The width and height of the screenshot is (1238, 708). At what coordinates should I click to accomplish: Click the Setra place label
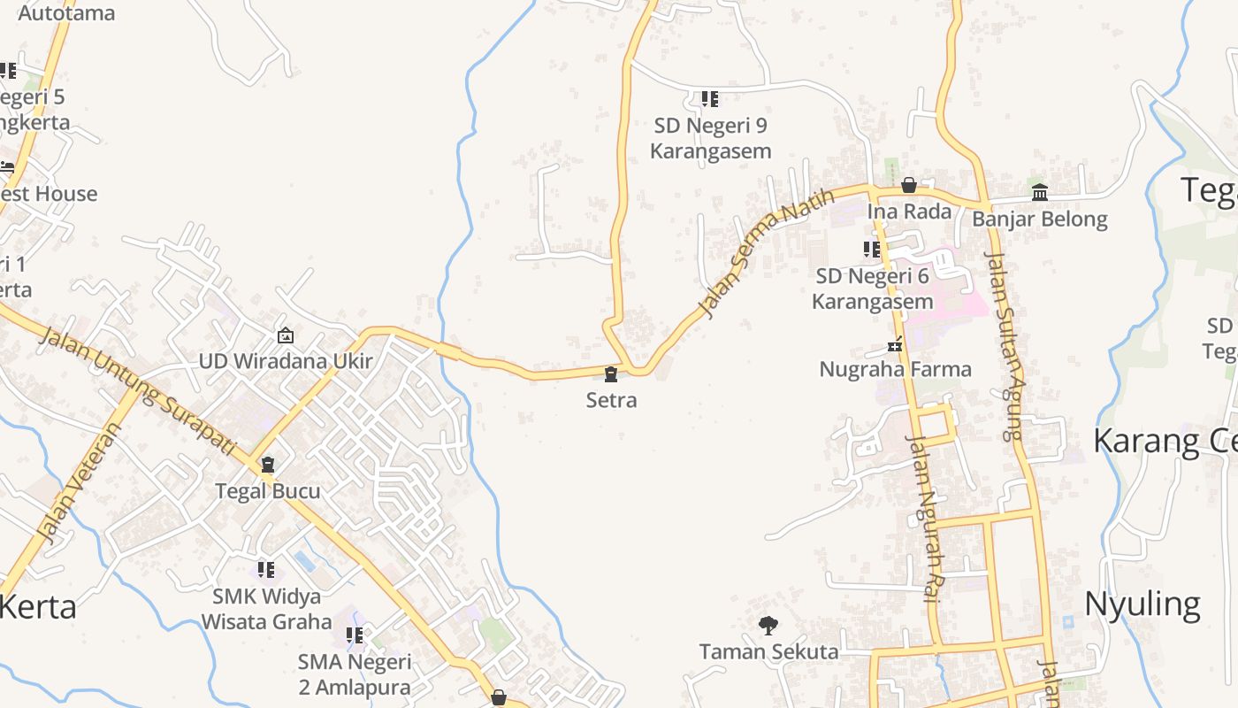click(611, 400)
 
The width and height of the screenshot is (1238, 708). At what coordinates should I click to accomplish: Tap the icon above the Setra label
click(611, 374)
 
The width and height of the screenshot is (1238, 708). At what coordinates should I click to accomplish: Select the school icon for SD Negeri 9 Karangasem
click(709, 99)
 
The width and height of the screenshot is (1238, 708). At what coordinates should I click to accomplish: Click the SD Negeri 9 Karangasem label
click(711, 139)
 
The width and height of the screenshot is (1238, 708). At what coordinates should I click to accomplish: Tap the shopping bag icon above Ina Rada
click(908, 185)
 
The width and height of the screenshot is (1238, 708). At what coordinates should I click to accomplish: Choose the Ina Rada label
click(909, 212)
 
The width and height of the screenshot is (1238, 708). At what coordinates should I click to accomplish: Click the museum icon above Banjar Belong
click(1040, 192)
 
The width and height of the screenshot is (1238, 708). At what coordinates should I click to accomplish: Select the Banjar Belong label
click(1040, 219)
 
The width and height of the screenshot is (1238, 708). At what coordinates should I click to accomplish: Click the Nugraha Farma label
click(895, 369)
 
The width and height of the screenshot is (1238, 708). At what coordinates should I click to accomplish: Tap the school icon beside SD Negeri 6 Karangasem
click(872, 250)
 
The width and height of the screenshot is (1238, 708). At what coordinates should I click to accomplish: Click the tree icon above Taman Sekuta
click(768, 626)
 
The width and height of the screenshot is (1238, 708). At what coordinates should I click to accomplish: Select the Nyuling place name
click(1142, 604)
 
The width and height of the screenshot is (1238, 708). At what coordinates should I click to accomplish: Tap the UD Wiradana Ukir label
click(286, 361)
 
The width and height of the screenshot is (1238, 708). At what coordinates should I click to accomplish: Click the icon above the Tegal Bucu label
click(268, 465)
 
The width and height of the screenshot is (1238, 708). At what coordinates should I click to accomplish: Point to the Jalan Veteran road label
click(79, 482)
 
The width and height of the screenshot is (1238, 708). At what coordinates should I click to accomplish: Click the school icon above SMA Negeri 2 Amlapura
click(355, 635)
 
